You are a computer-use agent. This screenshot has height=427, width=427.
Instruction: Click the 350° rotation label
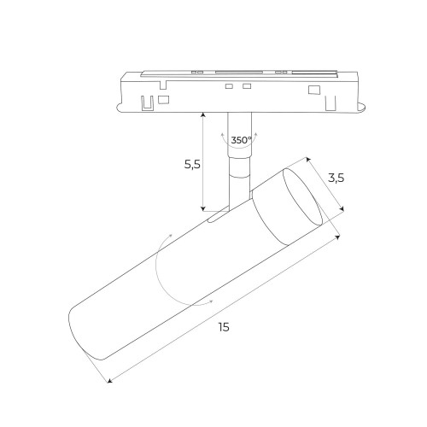click(241, 139)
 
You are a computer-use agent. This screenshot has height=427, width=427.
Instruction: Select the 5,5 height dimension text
click(191, 165)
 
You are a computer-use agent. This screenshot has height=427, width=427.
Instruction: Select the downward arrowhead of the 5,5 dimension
click(203, 208)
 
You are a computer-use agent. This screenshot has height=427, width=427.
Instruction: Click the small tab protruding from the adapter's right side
click(361, 107)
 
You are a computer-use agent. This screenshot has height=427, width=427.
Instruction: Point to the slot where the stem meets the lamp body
click(219, 217)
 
